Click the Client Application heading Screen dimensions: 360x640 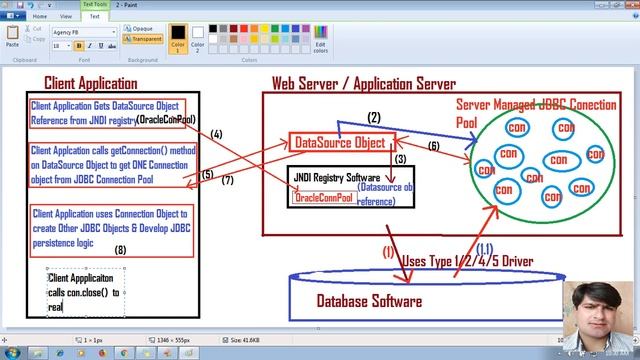click(x=90, y=83)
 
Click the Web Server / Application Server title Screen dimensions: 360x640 click(x=364, y=84)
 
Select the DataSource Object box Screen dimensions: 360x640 click(x=338, y=143)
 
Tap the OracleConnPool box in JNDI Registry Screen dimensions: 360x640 click(x=322, y=197)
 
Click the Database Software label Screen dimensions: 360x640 click(x=369, y=301)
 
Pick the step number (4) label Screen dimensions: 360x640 click(x=216, y=134)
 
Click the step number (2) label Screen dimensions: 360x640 click(x=374, y=118)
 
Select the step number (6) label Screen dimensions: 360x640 click(x=434, y=146)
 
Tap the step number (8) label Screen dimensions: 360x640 click(x=121, y=250)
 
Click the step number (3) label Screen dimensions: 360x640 click(x=399, y=159)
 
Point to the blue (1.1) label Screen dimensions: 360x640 click(x=483, y=248)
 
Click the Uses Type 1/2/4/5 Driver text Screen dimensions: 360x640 click(x=466, y=262)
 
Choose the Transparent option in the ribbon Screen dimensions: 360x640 click(x=144, y=40)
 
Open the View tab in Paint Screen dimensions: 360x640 click(x=66, y=16)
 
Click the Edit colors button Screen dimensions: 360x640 click(x=320, y=40)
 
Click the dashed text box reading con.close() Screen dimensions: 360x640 click(x=85, y=293)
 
